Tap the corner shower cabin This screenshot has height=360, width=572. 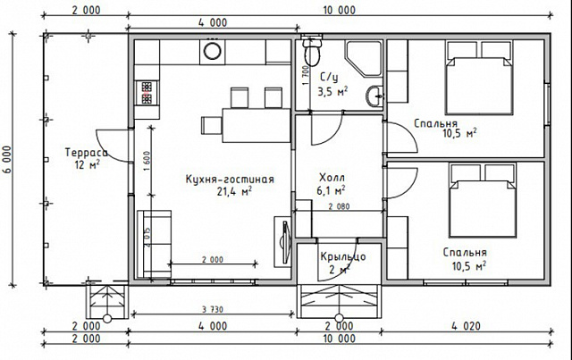click(x=364, y=59)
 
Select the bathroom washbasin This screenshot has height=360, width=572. click(x=374, y=96)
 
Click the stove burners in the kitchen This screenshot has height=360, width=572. click(x=147, y=93)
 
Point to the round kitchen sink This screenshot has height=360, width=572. click(x=212, y=51)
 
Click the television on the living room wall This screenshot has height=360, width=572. click(x=284, y=240)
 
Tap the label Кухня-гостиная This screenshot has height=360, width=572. click(x=230, y=180)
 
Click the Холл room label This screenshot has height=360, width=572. click(x=332, y=178)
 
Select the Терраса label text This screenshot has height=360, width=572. click(x=87, y=152)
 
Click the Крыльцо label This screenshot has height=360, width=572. click(x=343, y=256)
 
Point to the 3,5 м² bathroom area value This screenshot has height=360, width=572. click(x=332, y=91)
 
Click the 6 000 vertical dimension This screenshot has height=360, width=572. click(x=8, y=160)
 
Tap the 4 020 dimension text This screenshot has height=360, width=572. click(x=466, y=326)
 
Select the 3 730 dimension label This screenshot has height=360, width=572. click(x=213, y=310)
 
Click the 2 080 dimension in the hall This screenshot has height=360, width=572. click(x=339, y=206)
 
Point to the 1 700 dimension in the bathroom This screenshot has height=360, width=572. click(x=306, y=76)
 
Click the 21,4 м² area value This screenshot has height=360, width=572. click(x=234, y=191)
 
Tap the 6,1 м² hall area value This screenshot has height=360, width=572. click(x=332, y=190)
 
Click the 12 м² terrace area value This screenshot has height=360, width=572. click(x=88, y=164)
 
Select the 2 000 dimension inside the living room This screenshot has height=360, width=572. click(x=213, y=260)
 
